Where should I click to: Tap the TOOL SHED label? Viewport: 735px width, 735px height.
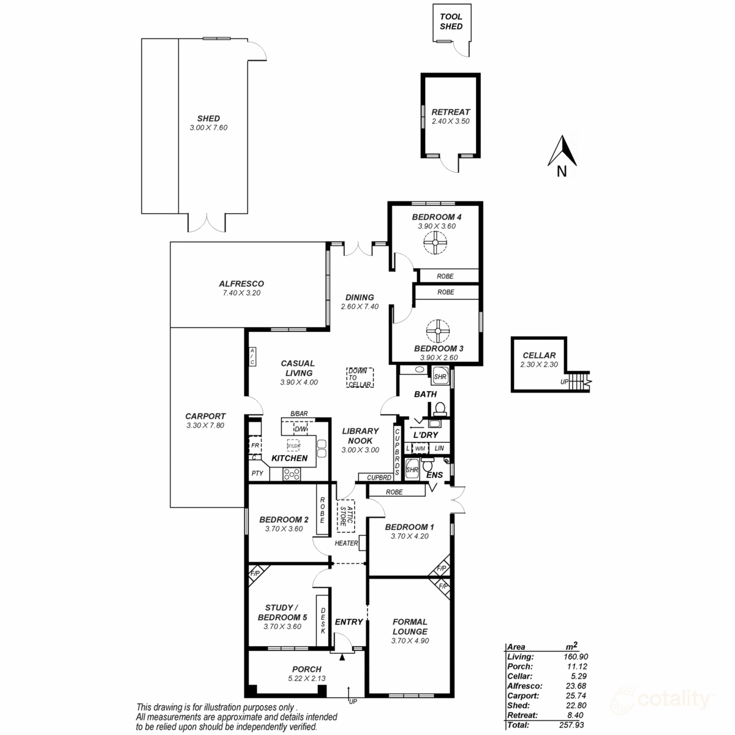click(451, 21)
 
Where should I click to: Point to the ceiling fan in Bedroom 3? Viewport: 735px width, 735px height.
click(437, 331)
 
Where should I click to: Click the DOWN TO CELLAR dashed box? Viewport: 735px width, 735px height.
click(360, 377)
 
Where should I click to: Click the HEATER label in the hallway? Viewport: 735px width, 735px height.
click(346, 543)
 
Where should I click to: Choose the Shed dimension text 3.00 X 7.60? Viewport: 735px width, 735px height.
click(208, 127)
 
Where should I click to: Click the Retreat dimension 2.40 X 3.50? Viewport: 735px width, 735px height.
click(450, 121)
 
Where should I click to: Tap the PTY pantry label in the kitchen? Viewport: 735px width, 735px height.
click(257, 473)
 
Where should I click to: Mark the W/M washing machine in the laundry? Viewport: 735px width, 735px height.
click(420, 448)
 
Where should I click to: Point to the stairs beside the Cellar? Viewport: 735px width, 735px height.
click(579, 383)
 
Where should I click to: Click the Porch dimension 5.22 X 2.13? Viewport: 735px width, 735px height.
click(307, 679)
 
